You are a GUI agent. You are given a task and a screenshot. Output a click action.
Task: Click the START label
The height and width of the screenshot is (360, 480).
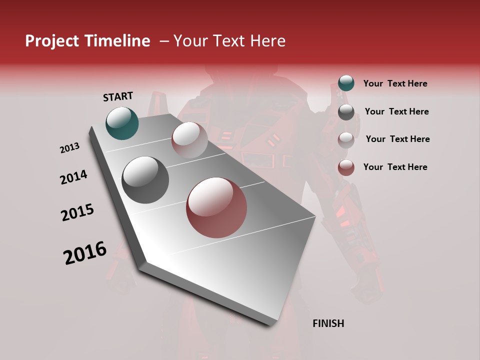118,96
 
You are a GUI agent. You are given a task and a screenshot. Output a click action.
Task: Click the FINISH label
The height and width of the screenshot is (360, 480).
328,323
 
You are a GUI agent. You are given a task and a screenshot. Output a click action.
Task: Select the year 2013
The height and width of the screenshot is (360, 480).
70,148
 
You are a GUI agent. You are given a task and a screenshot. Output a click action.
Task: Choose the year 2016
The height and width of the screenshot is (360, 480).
85,253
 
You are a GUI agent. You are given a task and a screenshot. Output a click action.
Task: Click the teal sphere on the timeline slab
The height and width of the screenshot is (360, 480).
122,123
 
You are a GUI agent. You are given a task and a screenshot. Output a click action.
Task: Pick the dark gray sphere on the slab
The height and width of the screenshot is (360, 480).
145,180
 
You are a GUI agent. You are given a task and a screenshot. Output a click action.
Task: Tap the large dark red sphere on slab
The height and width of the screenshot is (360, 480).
216,207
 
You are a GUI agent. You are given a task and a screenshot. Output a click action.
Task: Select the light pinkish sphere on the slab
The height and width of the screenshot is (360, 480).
189,140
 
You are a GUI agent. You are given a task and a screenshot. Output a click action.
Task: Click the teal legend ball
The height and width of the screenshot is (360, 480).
346,83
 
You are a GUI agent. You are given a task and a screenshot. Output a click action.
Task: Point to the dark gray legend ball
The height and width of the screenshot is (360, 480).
346,112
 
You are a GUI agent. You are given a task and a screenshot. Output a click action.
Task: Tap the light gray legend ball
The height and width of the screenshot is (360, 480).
346,139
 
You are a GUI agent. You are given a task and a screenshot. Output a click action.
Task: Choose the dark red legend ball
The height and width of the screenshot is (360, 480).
346,167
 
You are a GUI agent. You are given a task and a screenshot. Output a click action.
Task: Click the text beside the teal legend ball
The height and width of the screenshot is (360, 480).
395,83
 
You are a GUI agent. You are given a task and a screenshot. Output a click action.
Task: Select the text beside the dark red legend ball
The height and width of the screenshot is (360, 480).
395,167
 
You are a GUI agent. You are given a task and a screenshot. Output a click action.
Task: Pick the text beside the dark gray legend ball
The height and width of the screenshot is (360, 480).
396,111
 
